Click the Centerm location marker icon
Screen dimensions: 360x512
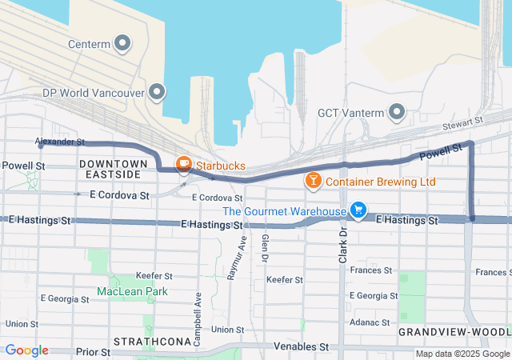(122, 43)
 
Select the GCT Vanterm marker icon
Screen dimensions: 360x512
(396, 113)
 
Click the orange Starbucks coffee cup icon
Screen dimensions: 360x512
(183, 166)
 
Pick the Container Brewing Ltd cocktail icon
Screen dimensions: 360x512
(313, 182)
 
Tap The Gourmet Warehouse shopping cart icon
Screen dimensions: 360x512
(358, 211)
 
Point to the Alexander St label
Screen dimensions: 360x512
(60, 142)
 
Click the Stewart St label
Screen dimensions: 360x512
(467, 121)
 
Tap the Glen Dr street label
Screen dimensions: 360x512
(262, 247)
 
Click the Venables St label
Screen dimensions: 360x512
(302, 347)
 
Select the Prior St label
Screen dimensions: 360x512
(92, 351)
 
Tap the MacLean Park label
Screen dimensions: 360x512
(132, 291)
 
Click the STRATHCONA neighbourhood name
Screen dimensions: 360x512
(151, 342)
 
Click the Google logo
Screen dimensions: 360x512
(26, 350)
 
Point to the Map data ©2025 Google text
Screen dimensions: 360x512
(461, 354)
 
